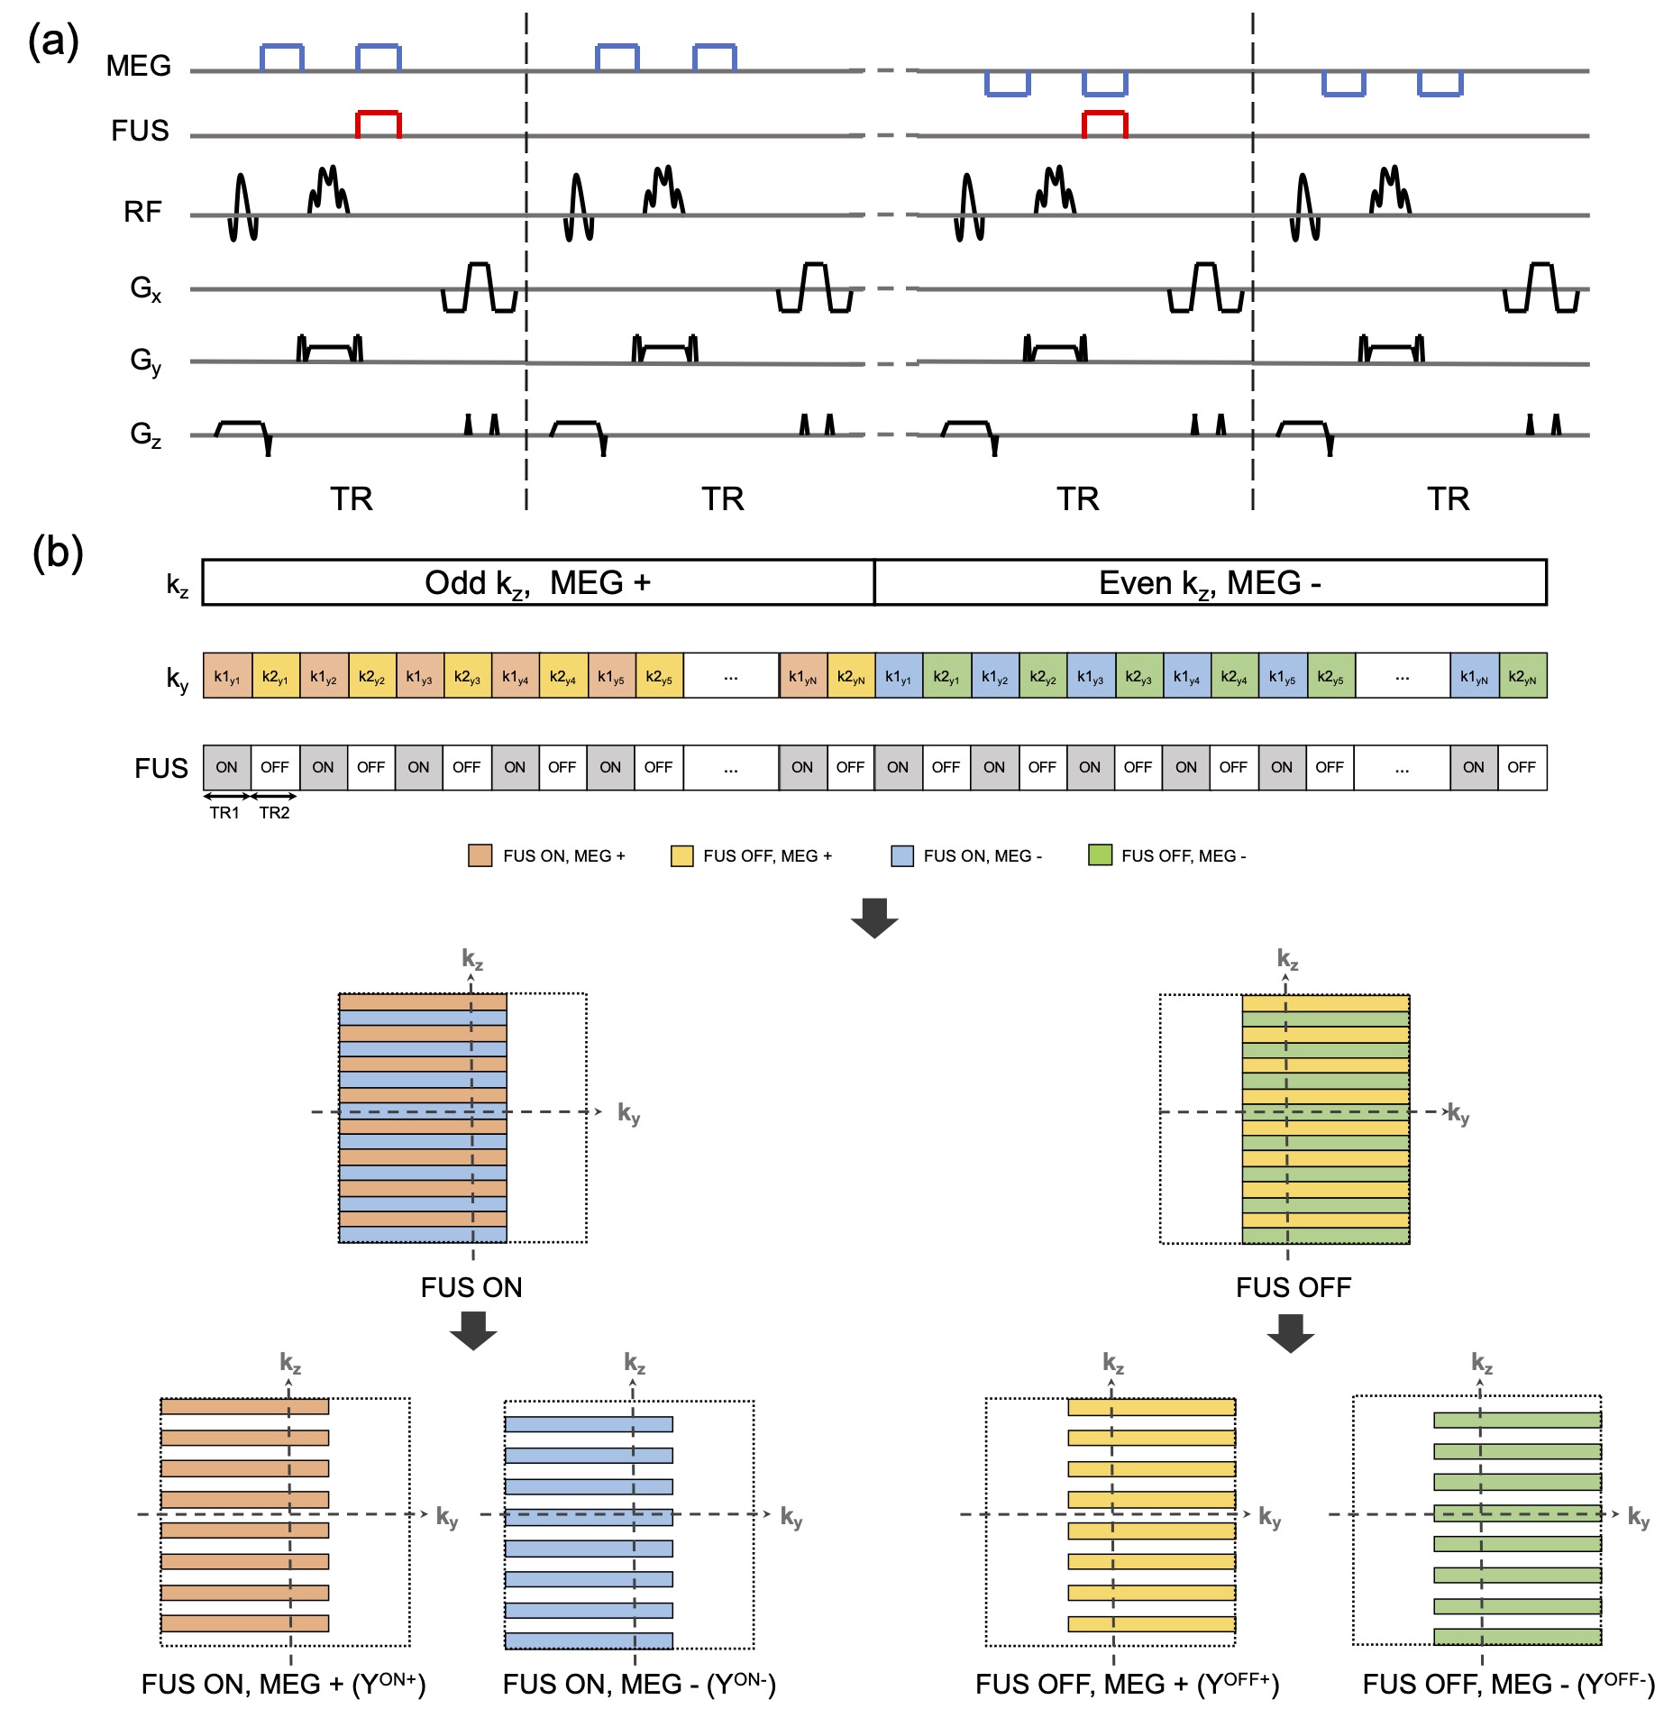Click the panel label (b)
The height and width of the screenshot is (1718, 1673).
pyautogui.click(x=57, y=553)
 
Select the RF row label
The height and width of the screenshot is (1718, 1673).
pyautogui.click(x=142, y=212)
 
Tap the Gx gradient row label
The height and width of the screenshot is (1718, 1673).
pyautogui.click(x=145, y=288)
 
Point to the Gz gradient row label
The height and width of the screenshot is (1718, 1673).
pyautogui.click(x=145, y=434)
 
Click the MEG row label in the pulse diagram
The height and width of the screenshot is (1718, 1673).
pyautogui.click(x=138, y=66)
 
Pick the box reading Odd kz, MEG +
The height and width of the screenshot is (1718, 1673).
pyautogui.click(x=538, y=583)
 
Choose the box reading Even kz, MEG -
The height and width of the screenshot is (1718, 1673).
pyautogui.click(x=1210, y=583)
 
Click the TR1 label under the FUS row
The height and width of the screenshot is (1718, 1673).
pyautogui.click(x=224, y=813)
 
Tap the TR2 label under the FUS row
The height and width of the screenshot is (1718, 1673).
pyautogui.click(x=274, y=813)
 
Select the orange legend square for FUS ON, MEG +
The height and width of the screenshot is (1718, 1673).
pyautogui.click(x=480, y=855)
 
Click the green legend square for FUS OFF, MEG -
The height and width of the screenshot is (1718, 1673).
pyautogui.click(x=1100, y=855)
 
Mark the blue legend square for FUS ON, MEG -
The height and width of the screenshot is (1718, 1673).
pyautogui.click(x=901, y=855)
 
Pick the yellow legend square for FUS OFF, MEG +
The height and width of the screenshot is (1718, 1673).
pyautogui.click(x=681, y=855)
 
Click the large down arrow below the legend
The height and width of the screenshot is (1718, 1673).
pyautogui.click(x=874, y=918)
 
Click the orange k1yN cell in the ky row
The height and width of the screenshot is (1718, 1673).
pyautogui.click(x=802, y=676)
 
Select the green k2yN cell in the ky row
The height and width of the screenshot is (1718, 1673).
pyautogui.click(x=1522, y=676)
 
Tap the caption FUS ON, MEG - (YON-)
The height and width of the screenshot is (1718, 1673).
pyautogui.click(x=639, y=1684)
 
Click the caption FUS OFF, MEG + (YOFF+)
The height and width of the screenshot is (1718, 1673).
pyautogui.click(x=1127, y=1684)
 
